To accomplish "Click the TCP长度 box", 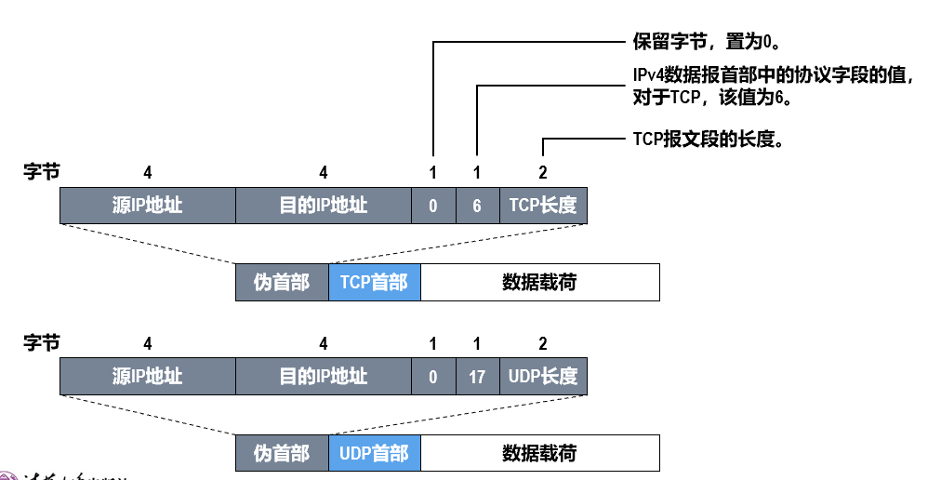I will click(543, 206).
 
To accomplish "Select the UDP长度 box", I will click(543, 377).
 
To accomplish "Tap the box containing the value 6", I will click(477, 206).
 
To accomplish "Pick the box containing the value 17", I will click(477, 377).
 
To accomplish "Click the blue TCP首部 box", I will click(374, 282).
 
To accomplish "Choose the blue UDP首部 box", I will click(374, 453).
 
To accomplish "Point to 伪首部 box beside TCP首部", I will click(282, 282).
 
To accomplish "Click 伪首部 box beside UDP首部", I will click(282, 453).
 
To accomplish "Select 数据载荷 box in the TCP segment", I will click(539, 282).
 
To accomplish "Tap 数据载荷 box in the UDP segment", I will click(539, 453).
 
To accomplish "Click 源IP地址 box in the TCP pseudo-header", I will click(147, 206).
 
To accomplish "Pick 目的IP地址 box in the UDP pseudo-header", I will click(323, 377).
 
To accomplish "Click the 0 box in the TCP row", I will click(433, 206).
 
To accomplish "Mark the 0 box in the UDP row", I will click(433, 377).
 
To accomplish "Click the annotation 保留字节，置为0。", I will click(705, 42).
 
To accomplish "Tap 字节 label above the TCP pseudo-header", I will click(41, 172).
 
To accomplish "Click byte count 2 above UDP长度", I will click(543, 344).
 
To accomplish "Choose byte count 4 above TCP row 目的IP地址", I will click(324, 173).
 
